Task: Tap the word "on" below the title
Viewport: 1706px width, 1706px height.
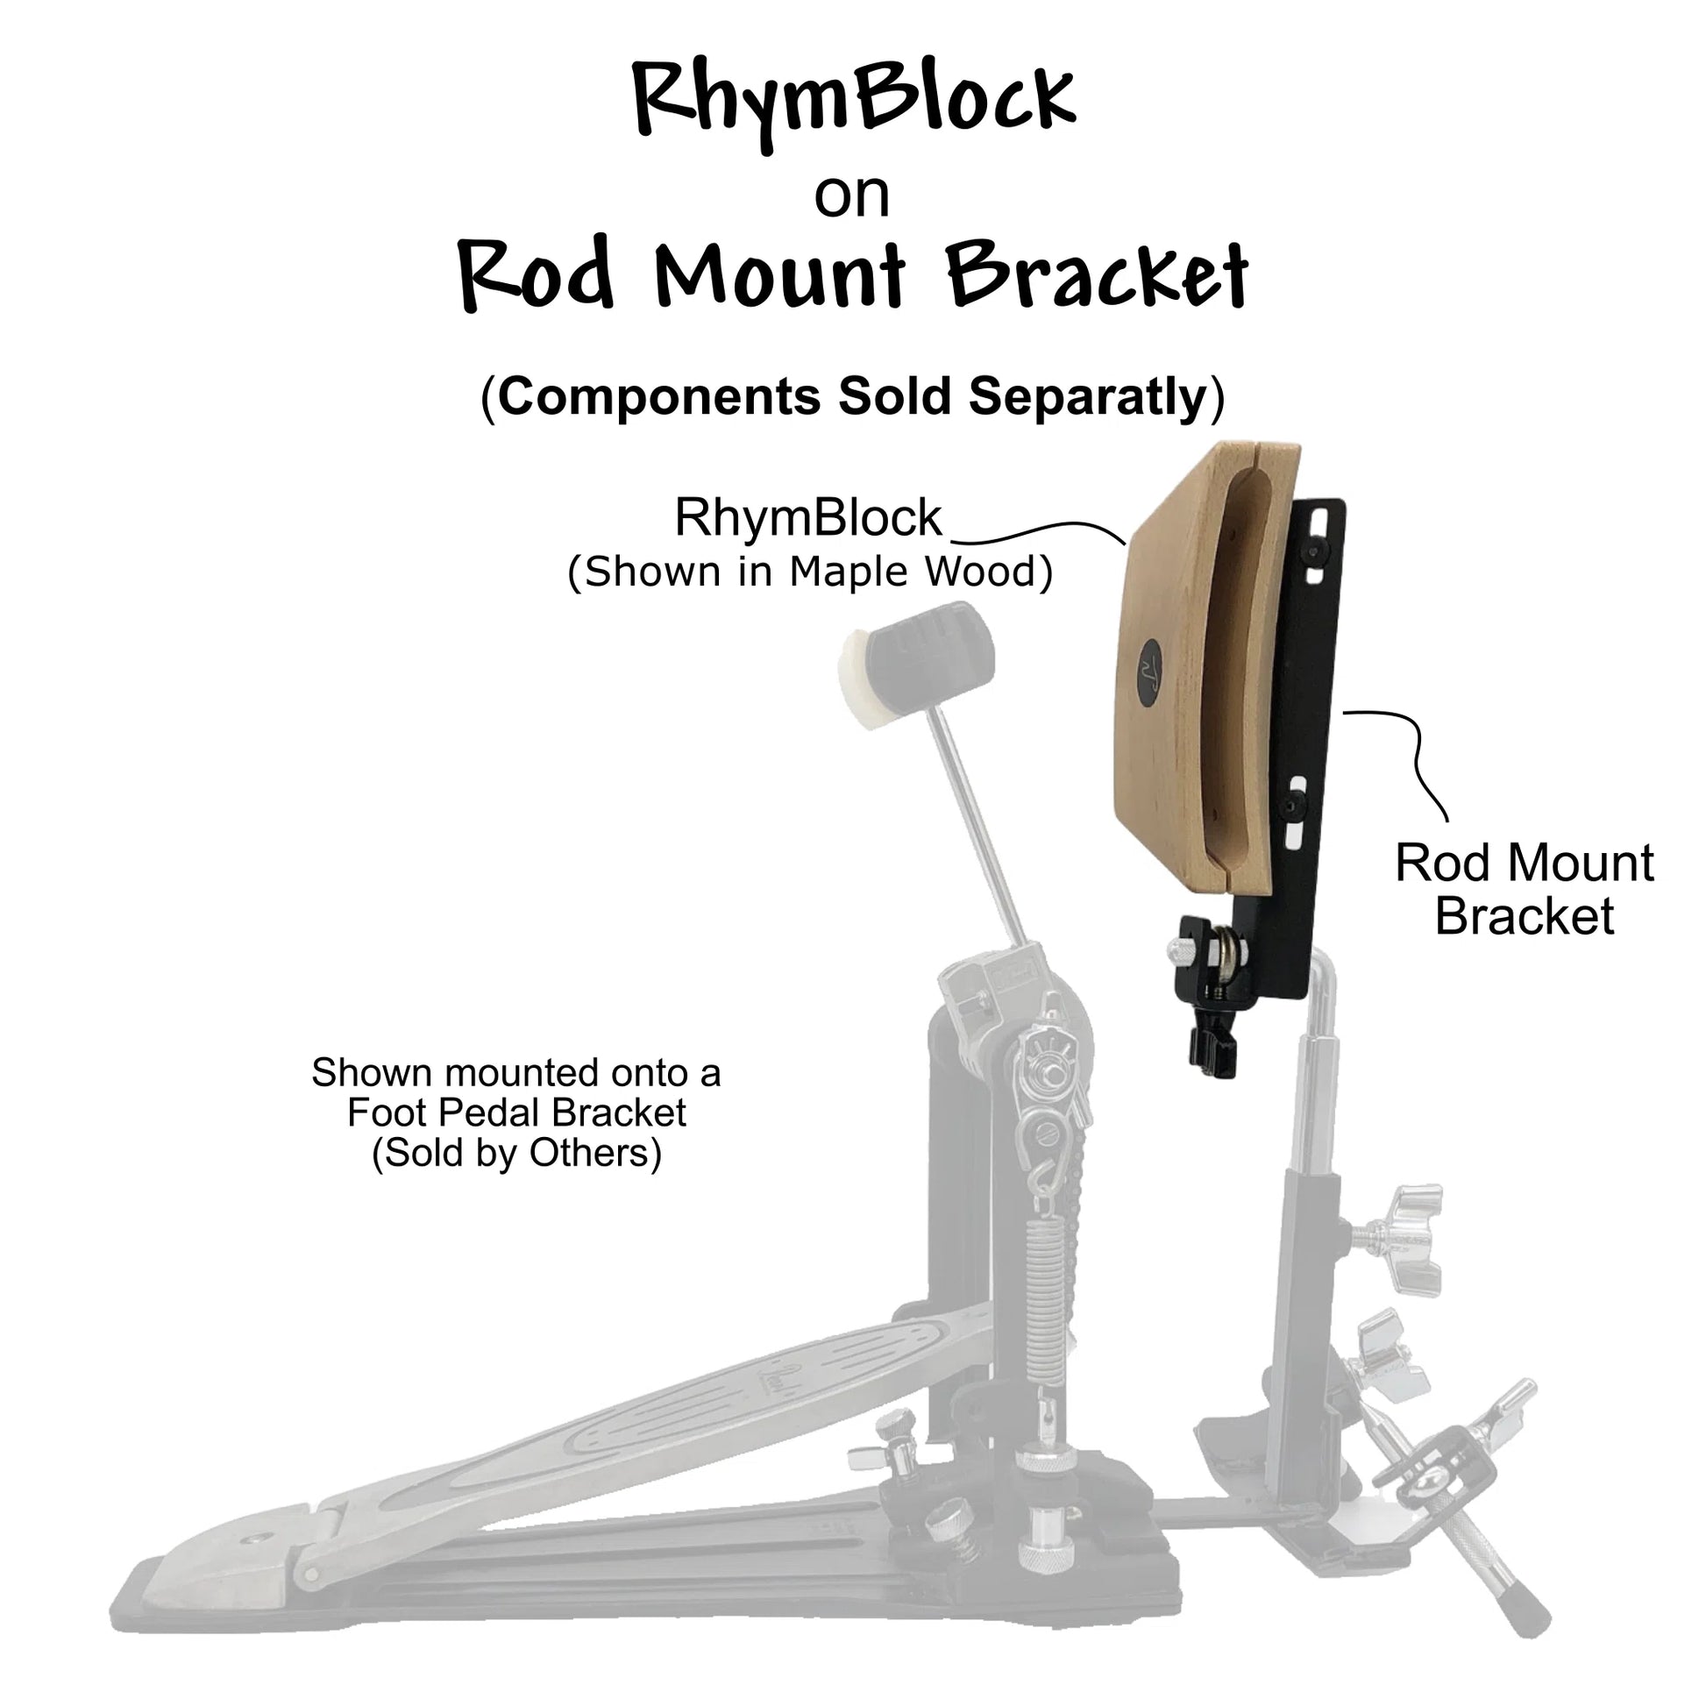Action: point(851,196)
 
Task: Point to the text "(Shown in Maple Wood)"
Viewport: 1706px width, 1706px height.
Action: point(810,572)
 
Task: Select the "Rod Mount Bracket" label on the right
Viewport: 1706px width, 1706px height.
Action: point(1525,888)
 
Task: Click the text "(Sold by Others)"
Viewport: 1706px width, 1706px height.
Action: point(516,1153)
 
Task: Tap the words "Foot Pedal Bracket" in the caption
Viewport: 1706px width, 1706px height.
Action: point(516,1112)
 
